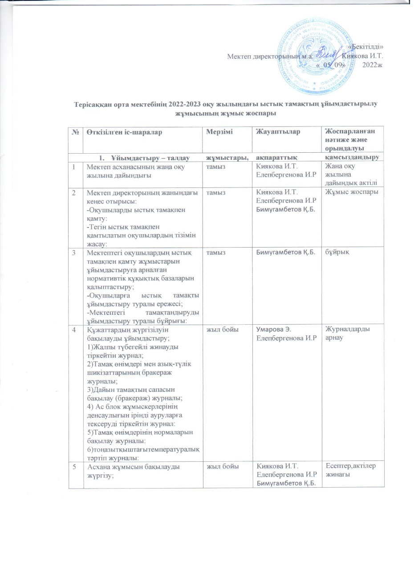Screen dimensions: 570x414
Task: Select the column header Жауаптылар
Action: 275,132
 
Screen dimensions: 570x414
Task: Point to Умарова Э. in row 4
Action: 272,329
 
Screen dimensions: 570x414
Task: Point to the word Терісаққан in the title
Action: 91,105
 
